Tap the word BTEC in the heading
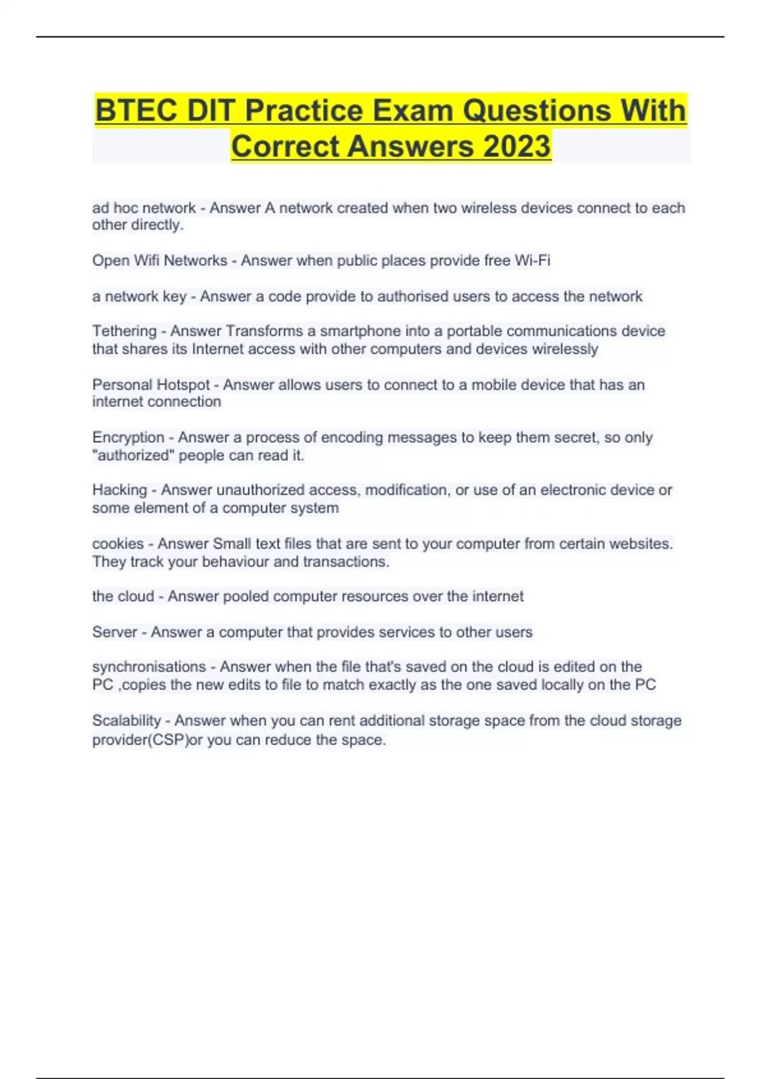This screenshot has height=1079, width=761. tap(136, 110)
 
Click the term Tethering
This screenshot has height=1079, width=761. tap(124, 331)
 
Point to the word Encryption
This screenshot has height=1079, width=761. tap(128, 437)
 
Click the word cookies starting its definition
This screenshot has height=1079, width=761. tap(118, 544)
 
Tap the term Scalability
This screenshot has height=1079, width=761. tap(127, 720)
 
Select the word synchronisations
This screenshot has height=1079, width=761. tap(149, 666)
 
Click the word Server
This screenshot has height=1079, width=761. tap(115, 632)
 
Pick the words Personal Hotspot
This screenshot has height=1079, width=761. tap(151, 385)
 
